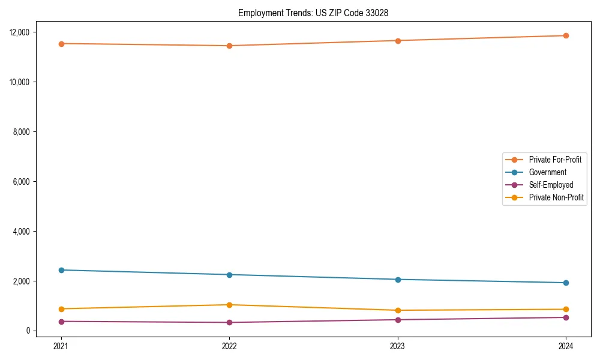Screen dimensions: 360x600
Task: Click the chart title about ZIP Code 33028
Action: pyautogui.click(x=313, y=13)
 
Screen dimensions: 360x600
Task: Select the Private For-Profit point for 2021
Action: pyautogui.click(x=61, y=44)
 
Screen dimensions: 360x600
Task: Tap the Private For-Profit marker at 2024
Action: pyautogui.click(x=566, y=35)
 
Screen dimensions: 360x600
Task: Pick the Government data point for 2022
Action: pyautogui.click(x=229, y=275)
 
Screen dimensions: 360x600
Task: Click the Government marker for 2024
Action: pyautogui.click(x=566, y=283)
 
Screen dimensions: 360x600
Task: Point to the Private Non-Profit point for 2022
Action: pyautogui.click(x=229, y=305)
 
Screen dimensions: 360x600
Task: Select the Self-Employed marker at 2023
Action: pyautogui.click(x=398, y=320)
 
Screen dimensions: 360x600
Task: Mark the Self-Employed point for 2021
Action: pyautogui.click(x=61, y=322)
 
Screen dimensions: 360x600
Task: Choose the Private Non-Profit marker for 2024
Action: pyautogui.click(x=566, y=310)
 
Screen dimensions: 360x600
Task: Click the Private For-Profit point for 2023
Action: pyautogui.click(x=398, y=41)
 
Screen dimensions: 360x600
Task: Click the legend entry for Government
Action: pyautogui.click(x=547, y=172)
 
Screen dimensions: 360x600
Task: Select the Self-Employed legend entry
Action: pyautogui.click(x=551, y=185)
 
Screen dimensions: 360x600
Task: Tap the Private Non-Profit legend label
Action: pyautogui.click(x=556, y=197)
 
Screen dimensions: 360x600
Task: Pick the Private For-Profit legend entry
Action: pyautogui.click(x=554, y=160)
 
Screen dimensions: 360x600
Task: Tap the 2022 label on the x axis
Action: pyautogui.click(x=229, y=346)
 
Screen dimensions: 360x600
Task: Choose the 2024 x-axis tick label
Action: pyautogui.click(x=566, y=346)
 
